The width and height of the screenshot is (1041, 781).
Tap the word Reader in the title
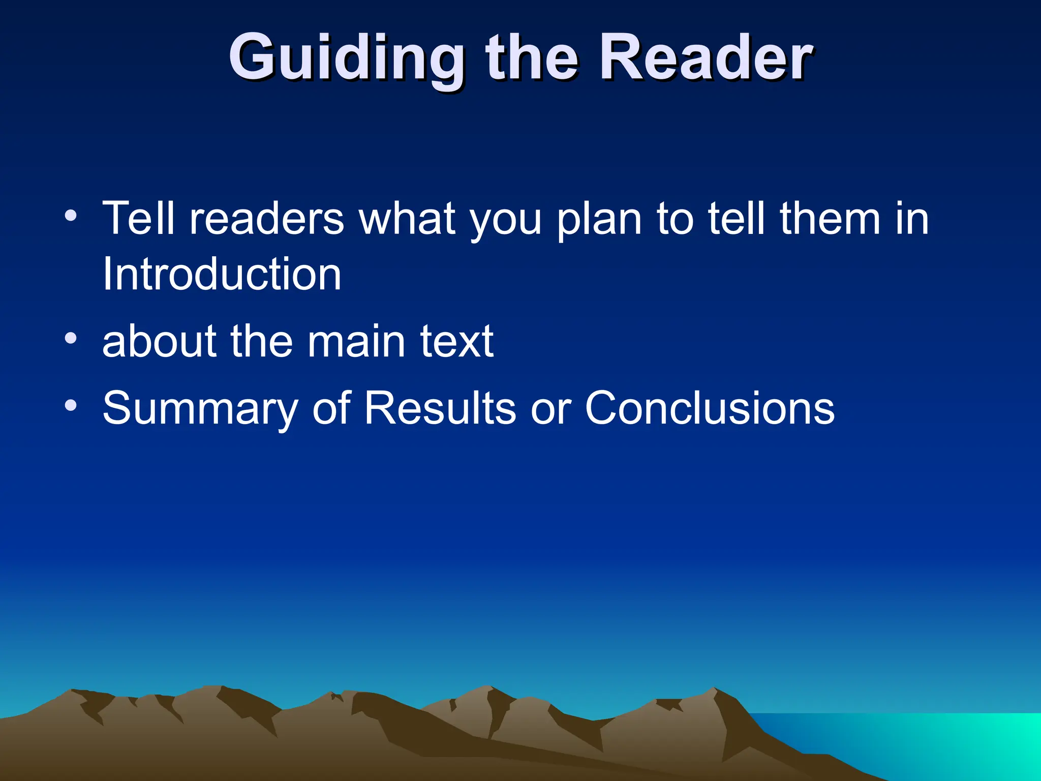tap(707, 57)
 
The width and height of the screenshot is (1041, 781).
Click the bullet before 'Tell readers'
tap(71, 215)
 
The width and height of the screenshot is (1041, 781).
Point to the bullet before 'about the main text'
tap(71, 338)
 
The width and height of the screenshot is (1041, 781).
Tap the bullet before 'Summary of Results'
tap(71, 405)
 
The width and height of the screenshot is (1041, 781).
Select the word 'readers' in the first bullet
tap(266, 219)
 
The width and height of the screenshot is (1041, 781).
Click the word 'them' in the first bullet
tap(830, 219)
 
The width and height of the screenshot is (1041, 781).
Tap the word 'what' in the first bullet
tap(407, 219)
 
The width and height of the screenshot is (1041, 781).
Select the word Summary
tap(200, 409)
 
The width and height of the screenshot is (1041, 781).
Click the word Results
tap(440, 408)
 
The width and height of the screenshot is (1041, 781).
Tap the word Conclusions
tap(710, 408)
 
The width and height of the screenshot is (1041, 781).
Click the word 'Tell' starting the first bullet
tap(138, 219)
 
